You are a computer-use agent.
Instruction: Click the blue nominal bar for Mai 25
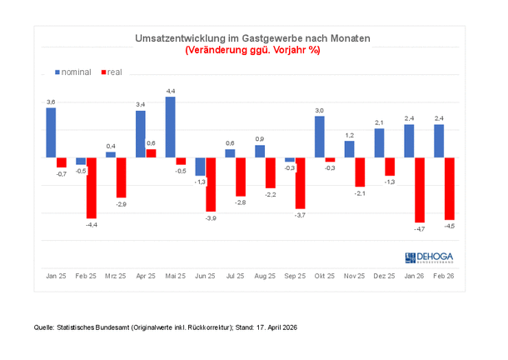170,127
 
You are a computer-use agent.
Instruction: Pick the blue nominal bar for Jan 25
51,132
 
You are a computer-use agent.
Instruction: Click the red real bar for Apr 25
151,153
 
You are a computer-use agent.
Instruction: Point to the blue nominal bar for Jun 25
200,166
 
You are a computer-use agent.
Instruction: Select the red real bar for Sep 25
300,182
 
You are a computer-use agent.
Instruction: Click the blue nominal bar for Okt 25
319,136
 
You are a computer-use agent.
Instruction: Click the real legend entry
111,72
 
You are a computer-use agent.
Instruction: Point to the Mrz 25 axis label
116,275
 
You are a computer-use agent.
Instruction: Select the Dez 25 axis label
384,275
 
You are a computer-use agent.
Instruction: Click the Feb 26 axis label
443,275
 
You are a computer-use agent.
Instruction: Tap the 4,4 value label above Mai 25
170,90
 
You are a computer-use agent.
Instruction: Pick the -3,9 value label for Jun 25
211,217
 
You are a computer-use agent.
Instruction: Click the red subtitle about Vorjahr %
252,50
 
